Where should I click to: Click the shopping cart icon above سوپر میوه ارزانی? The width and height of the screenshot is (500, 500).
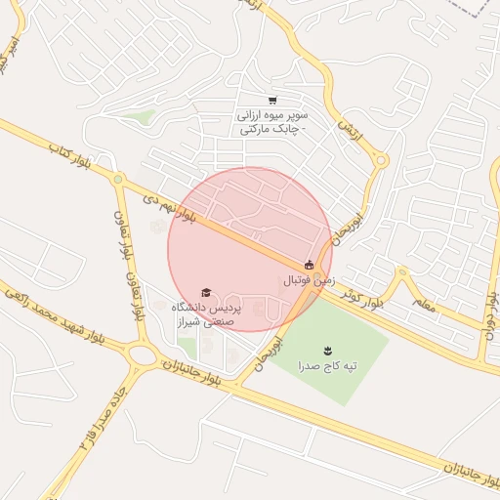pos(272,100)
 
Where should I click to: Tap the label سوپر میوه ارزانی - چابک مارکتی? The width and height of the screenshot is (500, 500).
pos(271,121)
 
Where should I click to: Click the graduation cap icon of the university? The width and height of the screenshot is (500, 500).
pos(205,292)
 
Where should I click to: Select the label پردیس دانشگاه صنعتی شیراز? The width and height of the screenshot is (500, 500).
pos(206,312)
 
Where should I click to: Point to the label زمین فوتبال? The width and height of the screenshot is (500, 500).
pos(309,279)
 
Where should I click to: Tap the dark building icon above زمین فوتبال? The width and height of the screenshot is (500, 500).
pos(310,264)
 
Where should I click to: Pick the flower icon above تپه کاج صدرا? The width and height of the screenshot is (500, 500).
pos(327,349)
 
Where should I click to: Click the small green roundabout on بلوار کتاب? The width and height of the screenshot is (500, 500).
pos(118,180)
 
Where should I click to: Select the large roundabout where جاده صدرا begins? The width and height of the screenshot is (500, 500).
pos(144,354)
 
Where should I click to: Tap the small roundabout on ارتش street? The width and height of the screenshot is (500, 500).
pos(382,160)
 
